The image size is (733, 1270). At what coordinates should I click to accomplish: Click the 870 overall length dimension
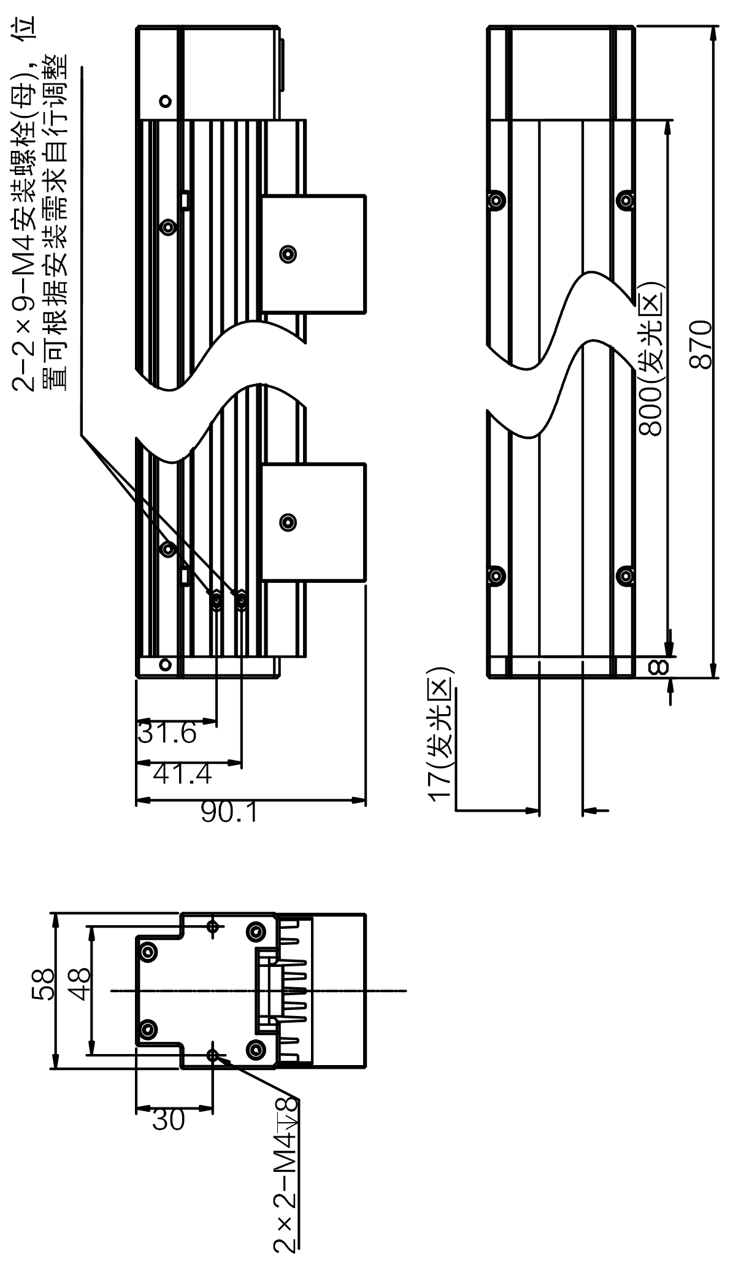pyautogui.click(x=701, y=344)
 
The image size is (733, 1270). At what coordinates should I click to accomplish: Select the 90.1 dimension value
pyautogui.click(x=229, y=813)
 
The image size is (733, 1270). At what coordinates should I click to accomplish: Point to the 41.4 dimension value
pyautogui.click(x=182, y=775)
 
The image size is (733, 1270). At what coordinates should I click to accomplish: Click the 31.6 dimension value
pyautogui.click(x=167, y=733)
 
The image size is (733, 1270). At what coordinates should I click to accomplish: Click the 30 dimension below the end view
pyautogui.click(x=168, y=1120)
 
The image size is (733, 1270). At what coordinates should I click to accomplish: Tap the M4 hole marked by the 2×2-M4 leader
pyautogui.click(x=213, y=1055)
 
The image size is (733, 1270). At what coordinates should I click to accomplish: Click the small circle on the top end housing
pyautogui.click(x=164, y=100)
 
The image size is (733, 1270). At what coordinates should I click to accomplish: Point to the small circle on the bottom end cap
pyautogui.click(x=164, y=664)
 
